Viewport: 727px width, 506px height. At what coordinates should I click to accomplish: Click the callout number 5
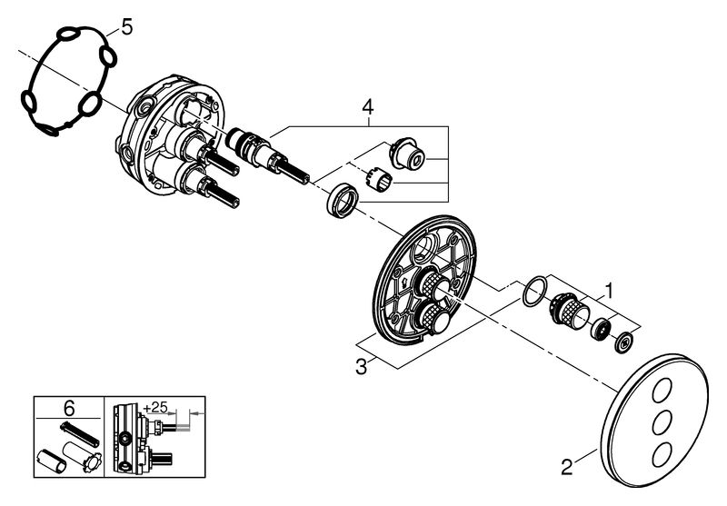tap(126, 27)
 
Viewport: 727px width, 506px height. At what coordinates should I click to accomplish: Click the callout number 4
tap(367, 107)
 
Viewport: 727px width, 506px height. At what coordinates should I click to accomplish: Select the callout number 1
tap(610, 292)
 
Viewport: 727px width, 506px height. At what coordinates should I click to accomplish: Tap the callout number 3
tap(361, 367)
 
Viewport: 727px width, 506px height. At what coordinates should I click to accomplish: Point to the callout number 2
tap(566, 467)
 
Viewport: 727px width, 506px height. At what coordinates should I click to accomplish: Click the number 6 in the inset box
tap(68, 409)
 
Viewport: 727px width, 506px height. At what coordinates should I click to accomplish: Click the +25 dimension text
tap(154, 407)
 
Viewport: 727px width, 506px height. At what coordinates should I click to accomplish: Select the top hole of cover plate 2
tap(662, 392)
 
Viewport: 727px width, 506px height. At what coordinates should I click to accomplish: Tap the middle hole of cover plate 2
tap(662, 422)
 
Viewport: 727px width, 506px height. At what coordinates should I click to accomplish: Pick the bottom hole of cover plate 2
tap(662, 452)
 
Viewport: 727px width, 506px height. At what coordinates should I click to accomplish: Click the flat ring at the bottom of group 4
tap(343, 200)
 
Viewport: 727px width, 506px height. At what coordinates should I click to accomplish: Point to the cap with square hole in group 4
tap(406, 152)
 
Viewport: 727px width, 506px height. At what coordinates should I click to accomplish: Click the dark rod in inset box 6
tap(79, 434)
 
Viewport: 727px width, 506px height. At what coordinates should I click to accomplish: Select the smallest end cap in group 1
tap(625, 342)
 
